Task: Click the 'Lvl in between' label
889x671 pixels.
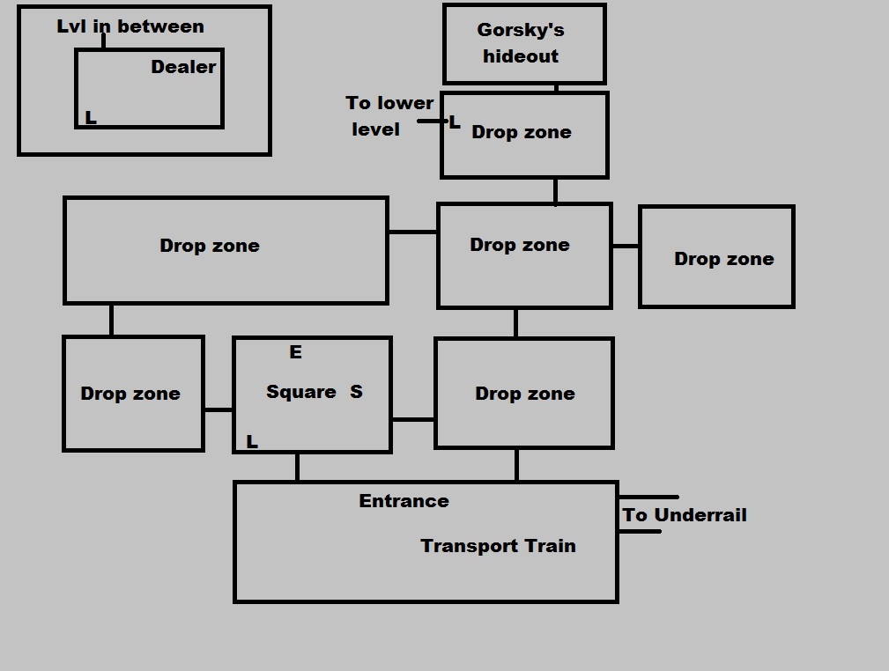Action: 130,26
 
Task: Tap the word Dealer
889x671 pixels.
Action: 183,67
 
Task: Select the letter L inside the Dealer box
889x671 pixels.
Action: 90,118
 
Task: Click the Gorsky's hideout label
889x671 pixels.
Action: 521,42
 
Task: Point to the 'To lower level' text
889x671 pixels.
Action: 389,116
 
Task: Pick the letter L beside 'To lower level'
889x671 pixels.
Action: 455,123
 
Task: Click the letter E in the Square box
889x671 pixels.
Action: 295,352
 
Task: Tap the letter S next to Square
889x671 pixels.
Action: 356,392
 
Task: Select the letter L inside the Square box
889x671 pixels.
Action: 252,442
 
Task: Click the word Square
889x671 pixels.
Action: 300,392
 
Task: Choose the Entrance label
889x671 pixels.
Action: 404,501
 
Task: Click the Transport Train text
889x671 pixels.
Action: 498,546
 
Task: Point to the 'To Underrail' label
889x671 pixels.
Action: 685,515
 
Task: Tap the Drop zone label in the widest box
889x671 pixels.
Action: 210,246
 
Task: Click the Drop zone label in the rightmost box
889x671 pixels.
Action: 724,259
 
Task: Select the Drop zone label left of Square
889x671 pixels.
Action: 130,394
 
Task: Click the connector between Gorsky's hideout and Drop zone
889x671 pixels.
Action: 556,88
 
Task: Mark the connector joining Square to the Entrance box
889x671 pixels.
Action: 297,467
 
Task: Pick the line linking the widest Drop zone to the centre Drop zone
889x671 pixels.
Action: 412,232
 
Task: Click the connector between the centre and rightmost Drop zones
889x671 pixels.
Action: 625,247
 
